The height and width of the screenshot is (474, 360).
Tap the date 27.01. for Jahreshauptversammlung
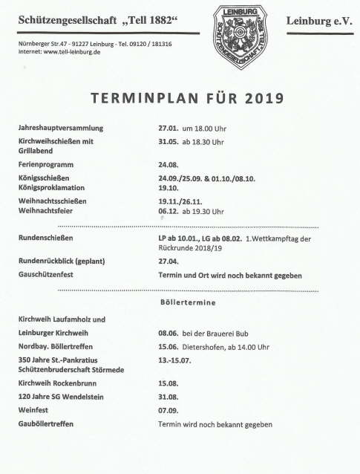coord(169,128)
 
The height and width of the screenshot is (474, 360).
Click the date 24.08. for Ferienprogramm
coord(169,163)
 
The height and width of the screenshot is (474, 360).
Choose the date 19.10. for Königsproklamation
coord(169,188)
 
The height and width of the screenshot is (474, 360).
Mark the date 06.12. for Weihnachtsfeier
coord(169,211)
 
